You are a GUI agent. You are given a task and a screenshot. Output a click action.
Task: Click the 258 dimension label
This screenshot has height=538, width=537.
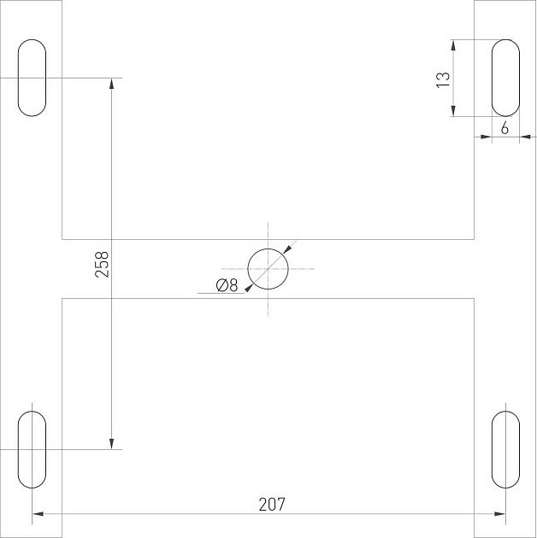(102, 264)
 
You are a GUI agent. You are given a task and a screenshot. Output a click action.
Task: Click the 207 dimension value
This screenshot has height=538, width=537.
(272, 505)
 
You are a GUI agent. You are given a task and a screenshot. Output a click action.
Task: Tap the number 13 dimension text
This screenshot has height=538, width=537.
(443, 80)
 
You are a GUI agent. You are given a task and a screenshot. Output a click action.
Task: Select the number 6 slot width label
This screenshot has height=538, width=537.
(505, 128)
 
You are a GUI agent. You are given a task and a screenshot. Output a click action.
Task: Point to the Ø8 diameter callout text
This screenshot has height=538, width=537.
(227, 285)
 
